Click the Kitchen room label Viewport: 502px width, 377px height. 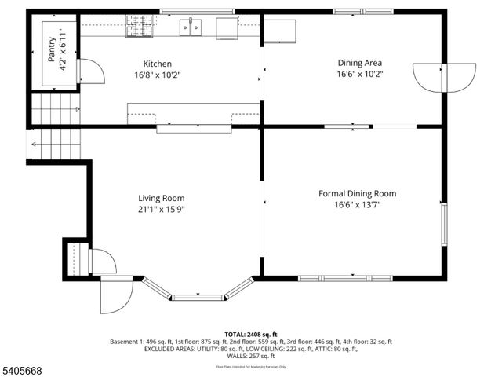coord(157,64)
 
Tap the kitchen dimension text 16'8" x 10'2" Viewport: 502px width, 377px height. coord(157,75)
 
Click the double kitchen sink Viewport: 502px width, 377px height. coord(189,27)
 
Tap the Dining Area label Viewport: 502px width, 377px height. coord(360,63)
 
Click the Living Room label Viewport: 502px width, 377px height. coord(162,198)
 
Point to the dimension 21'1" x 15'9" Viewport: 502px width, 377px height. coord(162,209)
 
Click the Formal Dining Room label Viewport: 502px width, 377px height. coord(357,193)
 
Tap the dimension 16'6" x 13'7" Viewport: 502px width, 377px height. coord(357,205)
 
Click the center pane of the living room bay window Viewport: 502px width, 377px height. coord(198,297)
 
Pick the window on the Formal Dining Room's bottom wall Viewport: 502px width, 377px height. coord(345,277)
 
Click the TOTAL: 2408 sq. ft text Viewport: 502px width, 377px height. coord(251,334)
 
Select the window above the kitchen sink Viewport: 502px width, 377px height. coord(197,11)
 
